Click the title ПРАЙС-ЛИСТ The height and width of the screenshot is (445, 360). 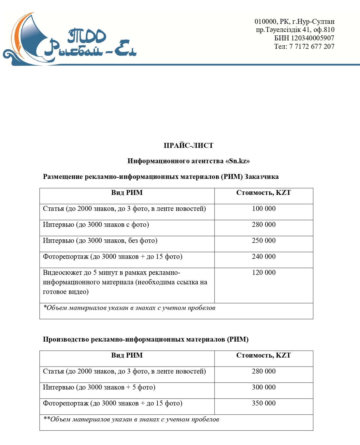coord(188,146)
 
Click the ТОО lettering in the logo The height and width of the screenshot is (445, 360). coord(87,36)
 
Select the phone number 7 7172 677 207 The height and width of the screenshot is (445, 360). coord(312,46)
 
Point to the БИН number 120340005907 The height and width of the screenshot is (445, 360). coord(313,38)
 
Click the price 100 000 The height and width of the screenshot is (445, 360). coord(264,209)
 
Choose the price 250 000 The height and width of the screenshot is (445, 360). coord(264,241)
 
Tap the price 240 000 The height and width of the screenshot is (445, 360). coord(264,256)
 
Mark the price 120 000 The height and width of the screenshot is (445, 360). coord(264,272)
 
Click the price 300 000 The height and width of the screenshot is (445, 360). coord(264,387)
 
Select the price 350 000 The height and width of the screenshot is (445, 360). coord(264,403)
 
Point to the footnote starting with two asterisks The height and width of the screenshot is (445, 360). coord(131,419)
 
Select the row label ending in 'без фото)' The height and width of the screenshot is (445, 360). coord(100,241)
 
